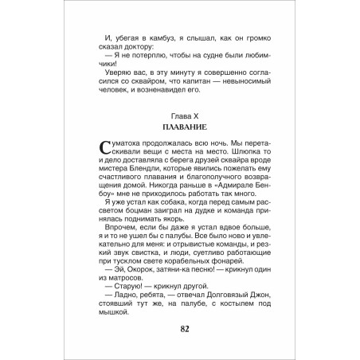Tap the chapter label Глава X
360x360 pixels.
pyautogui.click(x=179, y=118)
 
